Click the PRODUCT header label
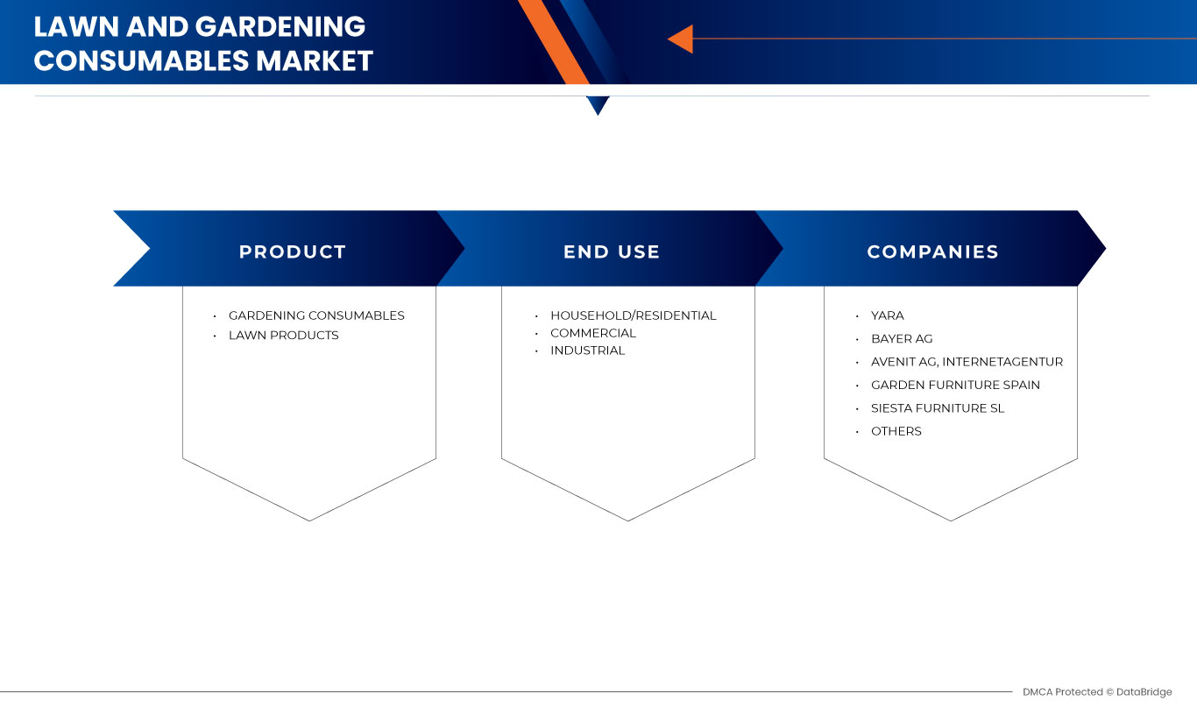click(x=293, y=252)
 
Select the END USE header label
click(x=612, y=252)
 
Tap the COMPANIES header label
click(x=932, y=252)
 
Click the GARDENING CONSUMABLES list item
click(x=316, y=315)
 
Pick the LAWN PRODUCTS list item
click(x=283, y=336)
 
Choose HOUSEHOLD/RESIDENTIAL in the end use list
click(x=633, y=315)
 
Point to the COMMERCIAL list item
click(x=593, y=333)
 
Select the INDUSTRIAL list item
click(x=587, y=350)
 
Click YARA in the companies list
click(x=887, y=315)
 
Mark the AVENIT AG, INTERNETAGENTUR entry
click(x=967, y=362)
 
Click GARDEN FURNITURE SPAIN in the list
click(x=955, y=385)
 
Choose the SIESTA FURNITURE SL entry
click(x=938, y=408)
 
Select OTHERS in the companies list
click(x=896, y=431)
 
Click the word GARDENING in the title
click(x=280, y=26)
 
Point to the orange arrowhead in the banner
click(x=681, y=39)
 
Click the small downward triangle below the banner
click(x=598, y=105)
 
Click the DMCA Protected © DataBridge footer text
click(x=1096, y=692)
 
